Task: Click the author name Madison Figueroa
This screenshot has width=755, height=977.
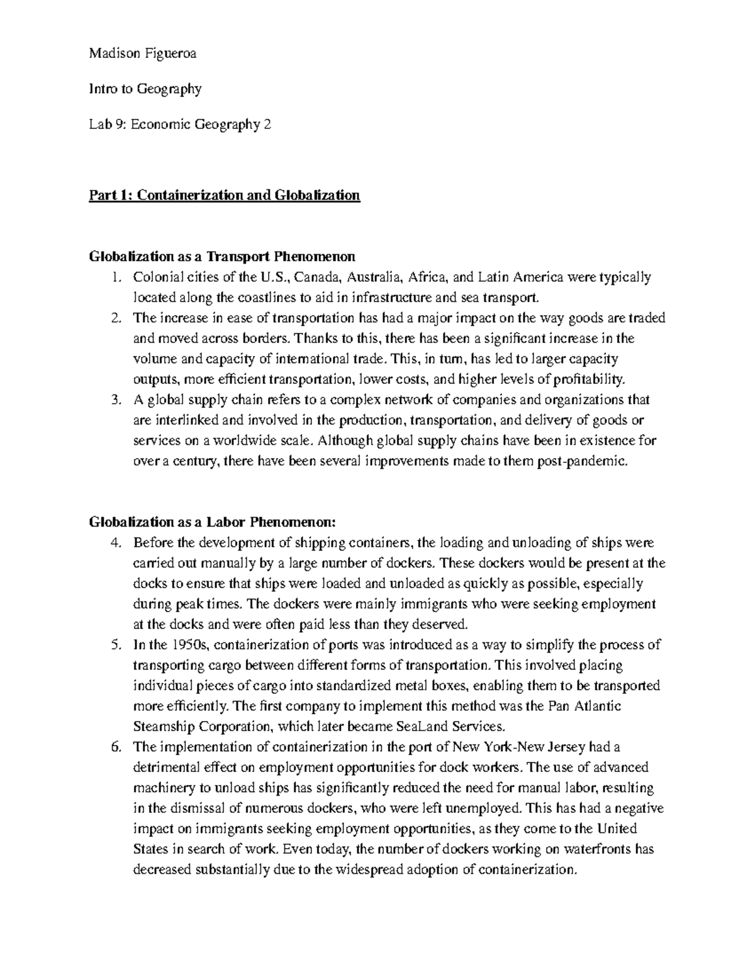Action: pos(143,54)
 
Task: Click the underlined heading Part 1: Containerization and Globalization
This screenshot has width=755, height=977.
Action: pos(225,196)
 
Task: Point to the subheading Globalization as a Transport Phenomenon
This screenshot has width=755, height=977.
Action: pos(222,257)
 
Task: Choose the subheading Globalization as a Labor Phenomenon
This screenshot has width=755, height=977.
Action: pos(213,522)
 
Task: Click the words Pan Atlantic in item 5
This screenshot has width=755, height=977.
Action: pos(583,706)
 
